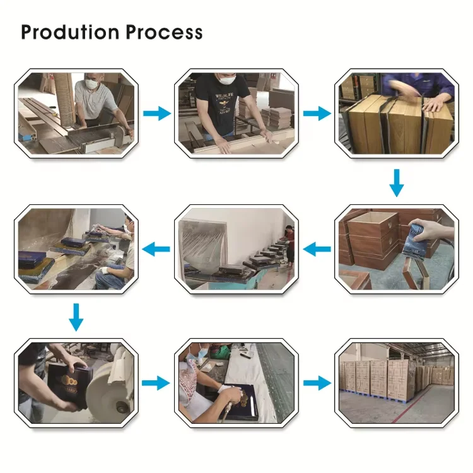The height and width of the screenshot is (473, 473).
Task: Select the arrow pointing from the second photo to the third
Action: click(x=317, y=114)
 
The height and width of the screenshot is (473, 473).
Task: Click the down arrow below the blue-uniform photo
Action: click(x=396, y=182)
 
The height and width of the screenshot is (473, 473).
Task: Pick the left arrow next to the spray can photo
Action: click(x=317, y=250)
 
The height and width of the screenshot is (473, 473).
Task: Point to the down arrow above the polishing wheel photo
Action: click(x=76, y=317)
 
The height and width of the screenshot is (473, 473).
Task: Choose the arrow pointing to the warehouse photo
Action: click(x=317, y=383)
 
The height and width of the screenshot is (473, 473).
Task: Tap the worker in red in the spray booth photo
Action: click(x=289, y=243)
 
